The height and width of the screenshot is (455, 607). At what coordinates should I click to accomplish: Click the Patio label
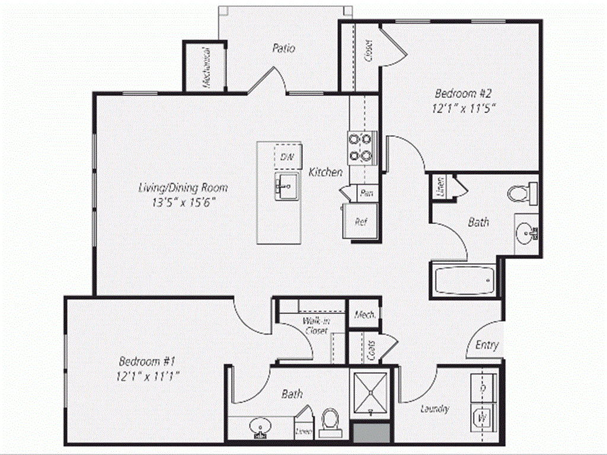point(283,48)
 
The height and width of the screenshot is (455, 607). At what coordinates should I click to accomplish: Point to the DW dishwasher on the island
point(287,157)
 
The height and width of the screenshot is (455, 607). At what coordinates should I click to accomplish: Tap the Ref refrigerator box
point(359,222)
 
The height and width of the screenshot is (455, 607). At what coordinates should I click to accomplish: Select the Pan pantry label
point(366,193)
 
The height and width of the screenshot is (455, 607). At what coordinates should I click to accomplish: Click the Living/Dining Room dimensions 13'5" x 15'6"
point(183,201)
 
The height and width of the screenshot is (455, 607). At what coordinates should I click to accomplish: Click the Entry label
point(487,345)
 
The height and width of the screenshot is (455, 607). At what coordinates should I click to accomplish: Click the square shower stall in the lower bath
point(370,392)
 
